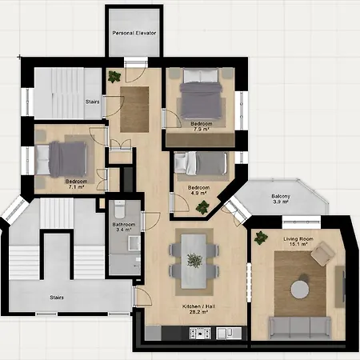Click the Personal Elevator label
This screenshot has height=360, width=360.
point(134,34)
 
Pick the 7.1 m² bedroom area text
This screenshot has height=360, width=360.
point(76,187)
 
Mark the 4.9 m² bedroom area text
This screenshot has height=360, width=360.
point(198,194)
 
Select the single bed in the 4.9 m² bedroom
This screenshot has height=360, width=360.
point(205,164)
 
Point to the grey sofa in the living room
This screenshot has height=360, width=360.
point(299,326)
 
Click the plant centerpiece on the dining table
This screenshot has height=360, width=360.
point(194,260)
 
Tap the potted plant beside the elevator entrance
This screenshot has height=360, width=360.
point(114,77)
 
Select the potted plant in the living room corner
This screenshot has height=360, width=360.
point(261,237)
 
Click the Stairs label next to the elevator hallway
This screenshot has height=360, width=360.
point(92,101)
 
